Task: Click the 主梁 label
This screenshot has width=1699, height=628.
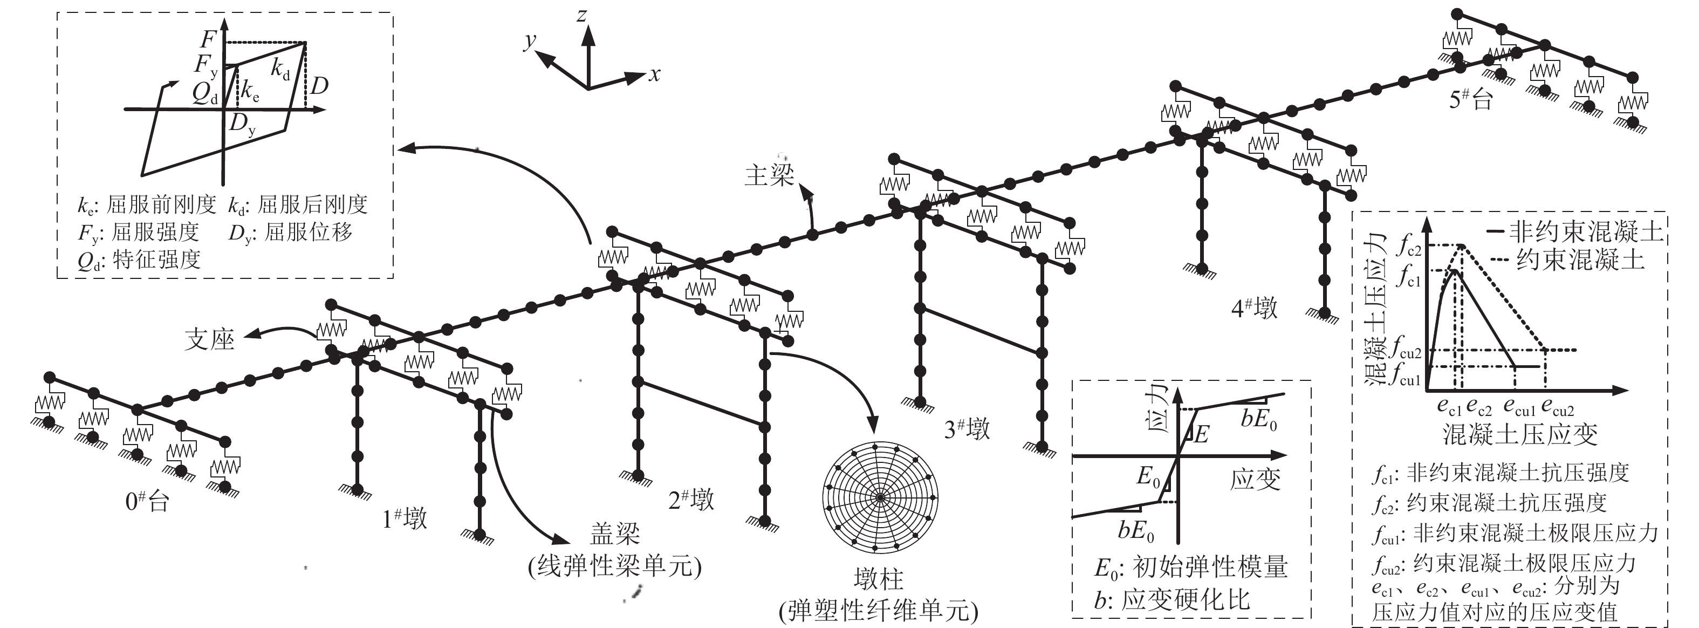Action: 769,175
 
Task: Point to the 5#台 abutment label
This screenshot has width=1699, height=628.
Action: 1470,99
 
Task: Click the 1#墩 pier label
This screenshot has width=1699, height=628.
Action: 405,518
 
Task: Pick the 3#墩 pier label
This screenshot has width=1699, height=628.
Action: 967,429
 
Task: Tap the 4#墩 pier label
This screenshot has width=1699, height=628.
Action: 1255,308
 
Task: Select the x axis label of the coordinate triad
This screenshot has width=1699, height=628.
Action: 654,74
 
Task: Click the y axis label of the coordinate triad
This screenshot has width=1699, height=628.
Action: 530,41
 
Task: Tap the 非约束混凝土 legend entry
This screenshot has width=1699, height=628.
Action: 1586,231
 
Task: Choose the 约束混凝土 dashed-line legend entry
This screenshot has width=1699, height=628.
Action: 1580,260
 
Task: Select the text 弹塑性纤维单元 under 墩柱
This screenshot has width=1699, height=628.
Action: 878,611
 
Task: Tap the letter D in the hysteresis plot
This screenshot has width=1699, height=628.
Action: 319,86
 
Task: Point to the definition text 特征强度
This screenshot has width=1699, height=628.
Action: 156,260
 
